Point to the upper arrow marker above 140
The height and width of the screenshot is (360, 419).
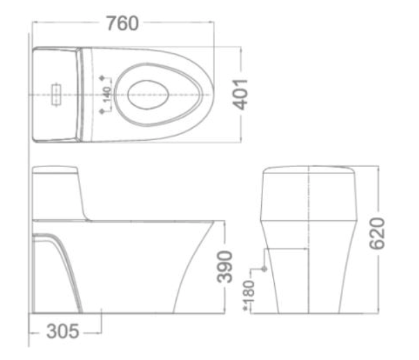point(102,76)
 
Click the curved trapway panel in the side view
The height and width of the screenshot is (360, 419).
point(59,272)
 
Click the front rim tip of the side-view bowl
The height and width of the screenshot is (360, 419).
point(223,224)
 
